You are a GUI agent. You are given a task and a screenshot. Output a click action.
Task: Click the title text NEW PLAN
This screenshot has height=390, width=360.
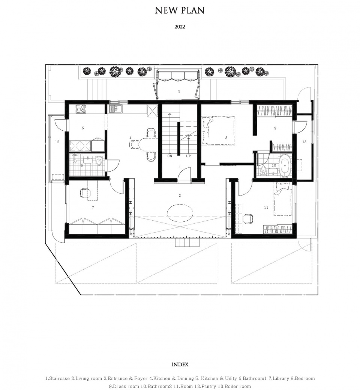click(x=180, y=10)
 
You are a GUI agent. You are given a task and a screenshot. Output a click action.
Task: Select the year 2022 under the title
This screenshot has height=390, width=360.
click(x=180, y=27)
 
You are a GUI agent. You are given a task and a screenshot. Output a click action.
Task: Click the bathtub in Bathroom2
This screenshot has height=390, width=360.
click(x=285, y=165)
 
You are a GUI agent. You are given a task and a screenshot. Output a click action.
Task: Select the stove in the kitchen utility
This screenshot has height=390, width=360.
click(x=81, y=109)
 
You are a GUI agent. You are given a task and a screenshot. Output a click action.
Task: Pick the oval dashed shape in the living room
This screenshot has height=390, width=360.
click(x=180, y=214)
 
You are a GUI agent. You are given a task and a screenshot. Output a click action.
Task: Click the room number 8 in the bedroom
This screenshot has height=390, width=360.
click(x=226, y=138)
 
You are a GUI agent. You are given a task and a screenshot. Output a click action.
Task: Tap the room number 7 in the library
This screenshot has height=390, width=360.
click(x=93, y=207)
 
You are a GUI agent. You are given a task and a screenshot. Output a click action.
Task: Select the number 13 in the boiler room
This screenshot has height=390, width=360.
click(x=304, y=142)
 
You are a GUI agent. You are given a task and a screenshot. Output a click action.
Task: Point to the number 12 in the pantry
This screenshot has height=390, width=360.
click(x=57, y=142)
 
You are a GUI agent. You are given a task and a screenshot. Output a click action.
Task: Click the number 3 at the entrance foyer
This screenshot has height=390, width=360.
click(x=179, y=91)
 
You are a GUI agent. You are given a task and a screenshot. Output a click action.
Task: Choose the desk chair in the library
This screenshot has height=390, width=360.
click(x=85, y=193)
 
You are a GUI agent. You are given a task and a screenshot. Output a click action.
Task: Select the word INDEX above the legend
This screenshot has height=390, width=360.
click(x=180, y=365)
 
